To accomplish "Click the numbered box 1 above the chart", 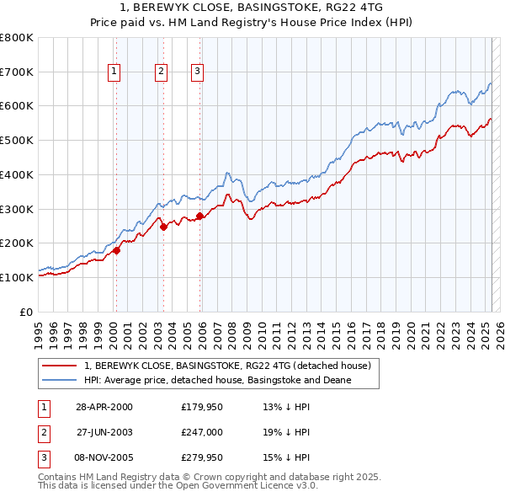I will click(x=114, y=72).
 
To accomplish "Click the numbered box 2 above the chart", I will click(x=160, y=72).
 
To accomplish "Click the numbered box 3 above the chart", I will click(x=197, y=72).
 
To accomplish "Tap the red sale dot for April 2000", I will click(x=117, y=250).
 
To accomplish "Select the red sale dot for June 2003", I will click(x=163, y=227).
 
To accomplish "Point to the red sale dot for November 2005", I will click(x=199, y=216).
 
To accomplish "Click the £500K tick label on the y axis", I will click(x=17, y=141).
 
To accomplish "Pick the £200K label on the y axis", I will click(x=17, y=243).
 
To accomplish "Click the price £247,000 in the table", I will click(x=200, y=432).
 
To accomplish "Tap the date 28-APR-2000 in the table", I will click(x=104, y=407).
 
